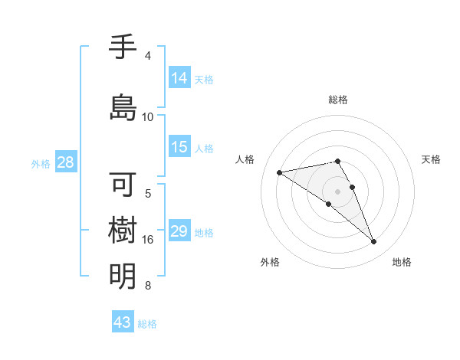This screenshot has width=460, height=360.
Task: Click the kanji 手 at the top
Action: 123,48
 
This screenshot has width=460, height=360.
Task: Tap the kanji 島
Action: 123,106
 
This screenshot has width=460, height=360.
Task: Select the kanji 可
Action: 123,185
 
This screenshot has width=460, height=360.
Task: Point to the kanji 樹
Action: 123,231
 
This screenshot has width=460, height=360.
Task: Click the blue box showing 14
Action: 179,77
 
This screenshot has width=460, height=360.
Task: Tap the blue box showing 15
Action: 179,147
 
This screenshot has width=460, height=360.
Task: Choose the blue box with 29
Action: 179,231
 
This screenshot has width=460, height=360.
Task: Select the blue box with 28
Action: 65,162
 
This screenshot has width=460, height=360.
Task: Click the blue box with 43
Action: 122,322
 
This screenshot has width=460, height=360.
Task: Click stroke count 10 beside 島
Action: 148,116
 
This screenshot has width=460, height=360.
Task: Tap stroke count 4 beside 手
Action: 148,56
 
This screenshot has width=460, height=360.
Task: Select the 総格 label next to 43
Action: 147,324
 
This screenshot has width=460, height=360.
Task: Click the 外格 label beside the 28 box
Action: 41,163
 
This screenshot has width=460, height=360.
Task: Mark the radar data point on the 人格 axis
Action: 280,172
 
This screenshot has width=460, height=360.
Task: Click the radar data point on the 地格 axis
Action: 373,242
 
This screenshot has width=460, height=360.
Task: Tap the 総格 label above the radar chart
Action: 337,100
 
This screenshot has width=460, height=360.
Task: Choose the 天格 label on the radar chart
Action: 431,159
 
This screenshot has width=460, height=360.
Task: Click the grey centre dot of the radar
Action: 337,190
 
